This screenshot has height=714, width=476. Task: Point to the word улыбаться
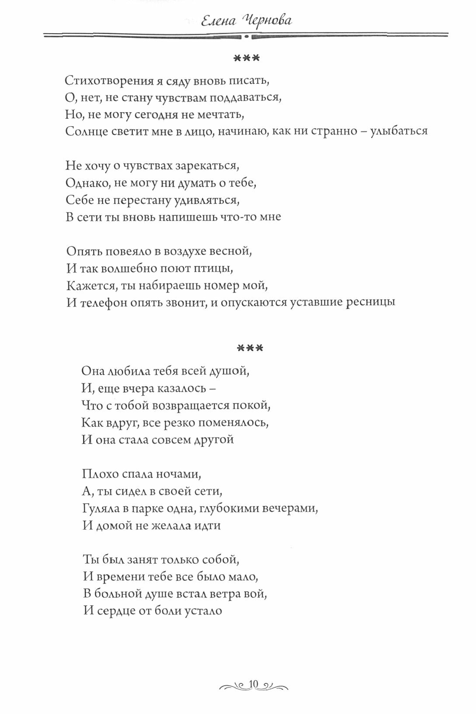coord(399,131)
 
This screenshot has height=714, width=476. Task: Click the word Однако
coord(87,183)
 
